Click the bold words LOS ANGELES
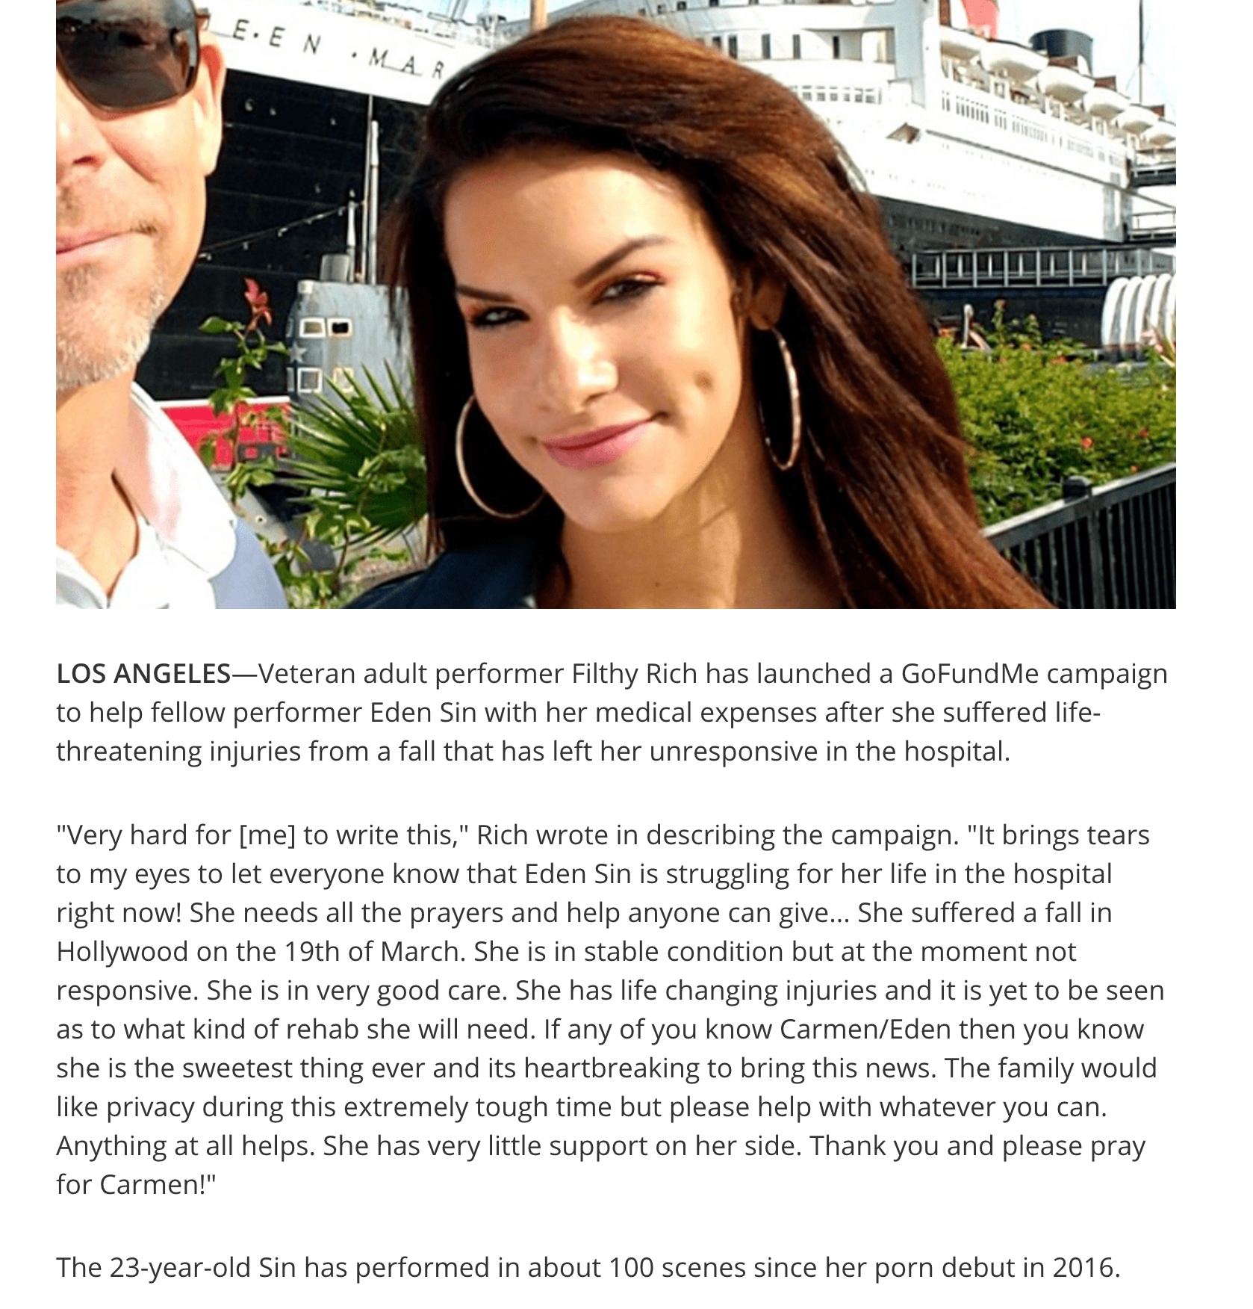[x=143, y=674]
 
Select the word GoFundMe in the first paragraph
[x=970, y=674]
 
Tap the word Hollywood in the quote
[x=122, y=952]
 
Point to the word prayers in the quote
[x=470, y=913]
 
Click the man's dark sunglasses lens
[x=127, y=56]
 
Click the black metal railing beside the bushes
[x=1098, y=538]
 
